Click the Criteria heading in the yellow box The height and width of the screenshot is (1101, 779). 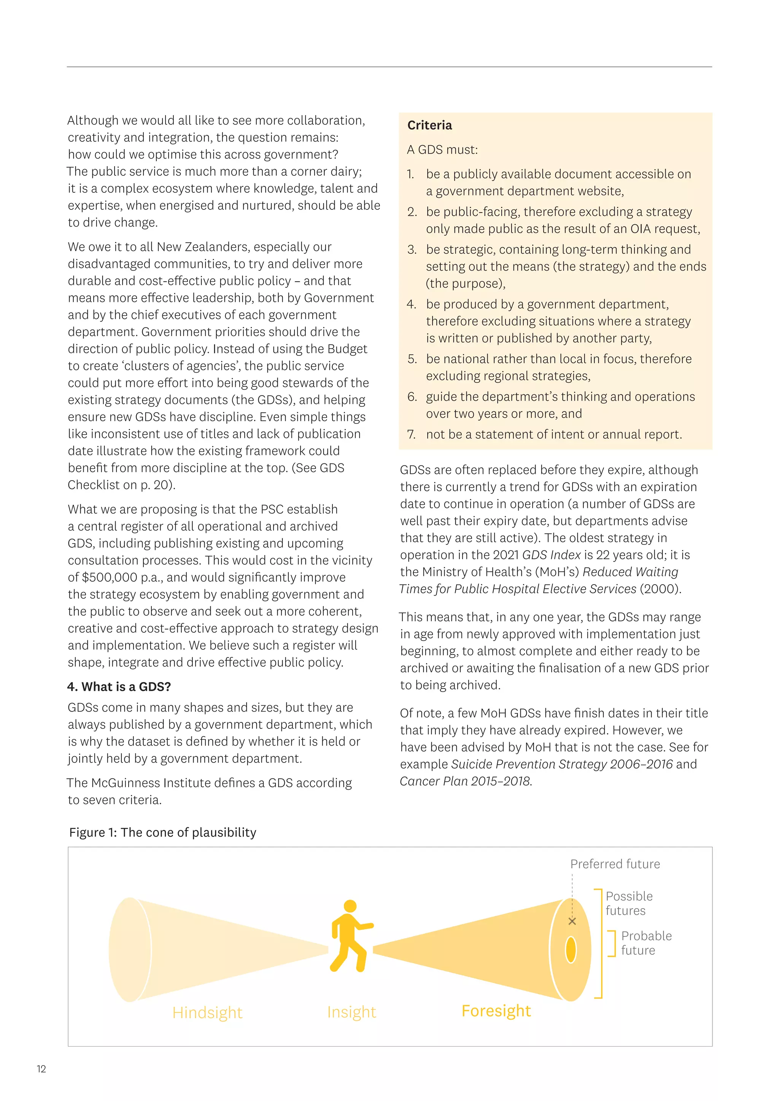point(429,125)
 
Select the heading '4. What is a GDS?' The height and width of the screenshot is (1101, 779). point(119,687)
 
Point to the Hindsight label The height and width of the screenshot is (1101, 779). point(207,1012)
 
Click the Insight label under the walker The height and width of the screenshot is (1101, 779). point(351,1012)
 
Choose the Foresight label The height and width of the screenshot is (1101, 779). point(496,1011)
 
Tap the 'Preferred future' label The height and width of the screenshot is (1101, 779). point(615,864)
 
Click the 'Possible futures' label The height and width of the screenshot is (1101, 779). point(629,903)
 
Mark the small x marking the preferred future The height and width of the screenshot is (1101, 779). point(572,921)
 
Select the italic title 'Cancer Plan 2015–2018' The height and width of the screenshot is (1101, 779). point(465,781)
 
